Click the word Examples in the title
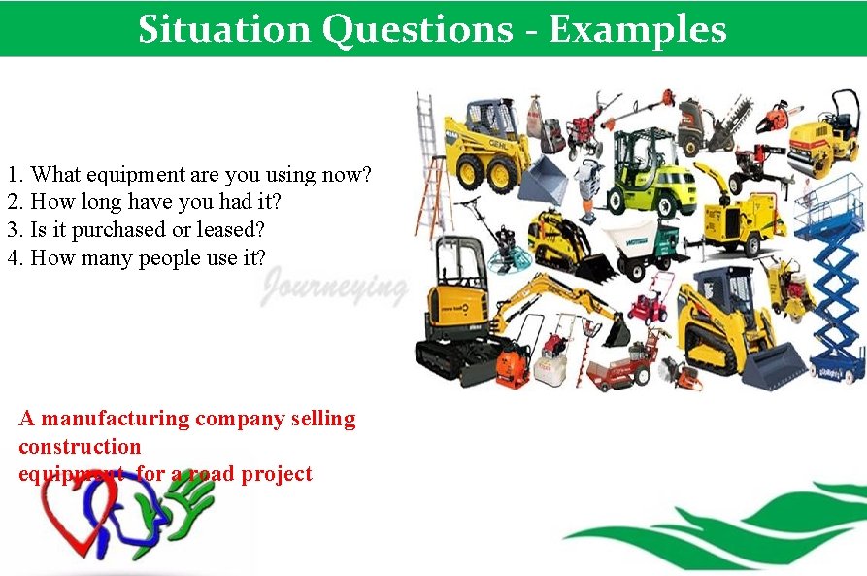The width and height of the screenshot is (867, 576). [x=637, y=29]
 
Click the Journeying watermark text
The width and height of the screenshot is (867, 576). [x=334, y=288]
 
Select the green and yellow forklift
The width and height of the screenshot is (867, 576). [x=645, y=170]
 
